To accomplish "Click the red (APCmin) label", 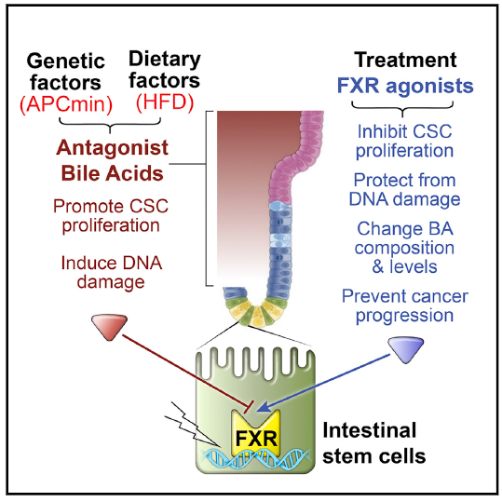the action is point(66,104).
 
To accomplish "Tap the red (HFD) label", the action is point(165,102).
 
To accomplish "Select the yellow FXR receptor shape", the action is point(255,433).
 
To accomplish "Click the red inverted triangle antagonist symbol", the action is point(110,327).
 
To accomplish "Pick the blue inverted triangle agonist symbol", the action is point(406,349).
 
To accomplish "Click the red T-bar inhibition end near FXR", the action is point(249,407).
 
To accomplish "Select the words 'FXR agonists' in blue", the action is point(405,86).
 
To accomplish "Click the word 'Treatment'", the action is point(405,60).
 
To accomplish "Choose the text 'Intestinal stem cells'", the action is point(374,443).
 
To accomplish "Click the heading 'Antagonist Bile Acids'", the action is point(112,160).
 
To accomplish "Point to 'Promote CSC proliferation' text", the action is point(111,215).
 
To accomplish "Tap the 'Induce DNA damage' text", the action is point(111,273).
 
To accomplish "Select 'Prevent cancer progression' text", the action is point(405,305).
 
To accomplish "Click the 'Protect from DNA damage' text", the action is point(404,190).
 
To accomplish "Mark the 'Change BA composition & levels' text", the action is point(404,248).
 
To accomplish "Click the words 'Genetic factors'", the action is point(65,71).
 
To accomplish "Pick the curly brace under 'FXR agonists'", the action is point(402,109).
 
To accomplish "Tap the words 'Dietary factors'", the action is point(165,70).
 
